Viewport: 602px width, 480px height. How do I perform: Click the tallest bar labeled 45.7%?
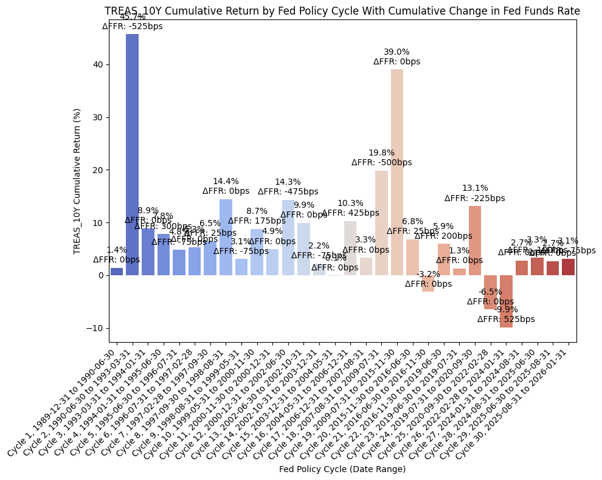pyautogui.click(x=132, y=154)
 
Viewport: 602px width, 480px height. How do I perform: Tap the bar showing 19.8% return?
pyautogui.click(x=381, y=223)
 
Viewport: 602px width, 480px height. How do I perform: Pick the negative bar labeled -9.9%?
pyautogui.click(x=506, y=301)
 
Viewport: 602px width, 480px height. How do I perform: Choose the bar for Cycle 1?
pyautogui.click(x=117, y=272)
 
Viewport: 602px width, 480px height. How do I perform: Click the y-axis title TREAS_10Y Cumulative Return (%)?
pyautogui.click(x=77, y=181)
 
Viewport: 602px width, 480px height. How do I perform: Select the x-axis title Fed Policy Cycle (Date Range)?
pyautogui.click(x=342, y=469)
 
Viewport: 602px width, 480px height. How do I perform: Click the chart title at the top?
pyautogui.click(x=342, y=11)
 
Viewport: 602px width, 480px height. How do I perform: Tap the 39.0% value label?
pyautogui.click(x=397, y=52)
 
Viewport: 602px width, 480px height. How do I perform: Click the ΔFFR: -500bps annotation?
pyautogui.click(x=381, y=162)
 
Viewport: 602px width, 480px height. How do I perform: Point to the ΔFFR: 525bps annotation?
pyautogui.click(x=506, y=319)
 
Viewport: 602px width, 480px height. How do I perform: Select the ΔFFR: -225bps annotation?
pyautogui.click(x=475, y=198)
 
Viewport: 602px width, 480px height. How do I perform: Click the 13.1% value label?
pyautogui.click(x=475, y=188)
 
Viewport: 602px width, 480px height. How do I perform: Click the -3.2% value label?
pyautogui.click(x=428, y=274)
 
